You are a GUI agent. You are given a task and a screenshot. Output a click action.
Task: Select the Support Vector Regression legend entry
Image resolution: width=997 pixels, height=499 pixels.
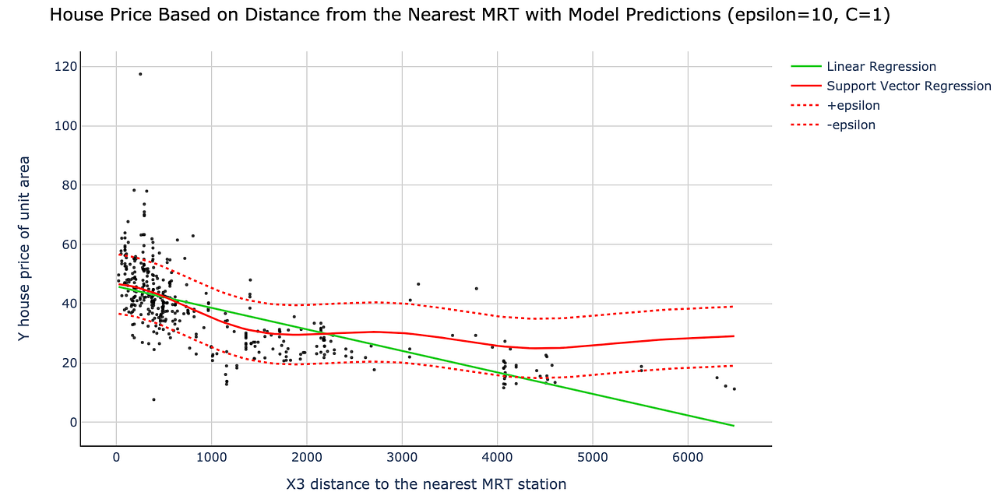pos(908,86)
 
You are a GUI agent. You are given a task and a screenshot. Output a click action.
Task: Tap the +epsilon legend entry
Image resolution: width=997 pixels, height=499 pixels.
pos(853,106)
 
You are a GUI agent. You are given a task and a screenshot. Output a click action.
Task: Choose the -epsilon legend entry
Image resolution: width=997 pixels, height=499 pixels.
pos(851,125)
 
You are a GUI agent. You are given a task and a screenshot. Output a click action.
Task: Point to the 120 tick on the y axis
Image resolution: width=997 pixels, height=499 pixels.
pos(65,67)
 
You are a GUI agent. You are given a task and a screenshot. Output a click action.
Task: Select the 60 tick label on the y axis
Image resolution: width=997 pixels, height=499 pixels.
pos(68,244)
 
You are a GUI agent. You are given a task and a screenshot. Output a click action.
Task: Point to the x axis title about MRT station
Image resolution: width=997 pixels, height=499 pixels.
pos(426,484)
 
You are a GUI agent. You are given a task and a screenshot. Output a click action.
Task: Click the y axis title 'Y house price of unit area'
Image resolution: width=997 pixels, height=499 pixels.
pos(24,248)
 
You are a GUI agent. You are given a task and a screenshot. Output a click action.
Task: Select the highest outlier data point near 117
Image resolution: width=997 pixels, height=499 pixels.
pos(140,74)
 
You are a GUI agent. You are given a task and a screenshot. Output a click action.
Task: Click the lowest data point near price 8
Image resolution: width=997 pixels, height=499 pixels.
pos(153,399)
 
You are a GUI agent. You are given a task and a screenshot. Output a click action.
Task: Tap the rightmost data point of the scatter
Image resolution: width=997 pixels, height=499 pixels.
pos(734,388)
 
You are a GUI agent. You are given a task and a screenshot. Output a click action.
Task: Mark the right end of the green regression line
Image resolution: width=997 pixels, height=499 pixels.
pos(734,426)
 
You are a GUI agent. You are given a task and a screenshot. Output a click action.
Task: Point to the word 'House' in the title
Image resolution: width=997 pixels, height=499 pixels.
pos(73,15)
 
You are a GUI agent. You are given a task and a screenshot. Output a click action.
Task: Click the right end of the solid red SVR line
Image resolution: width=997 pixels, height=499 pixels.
pos(734,336)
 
